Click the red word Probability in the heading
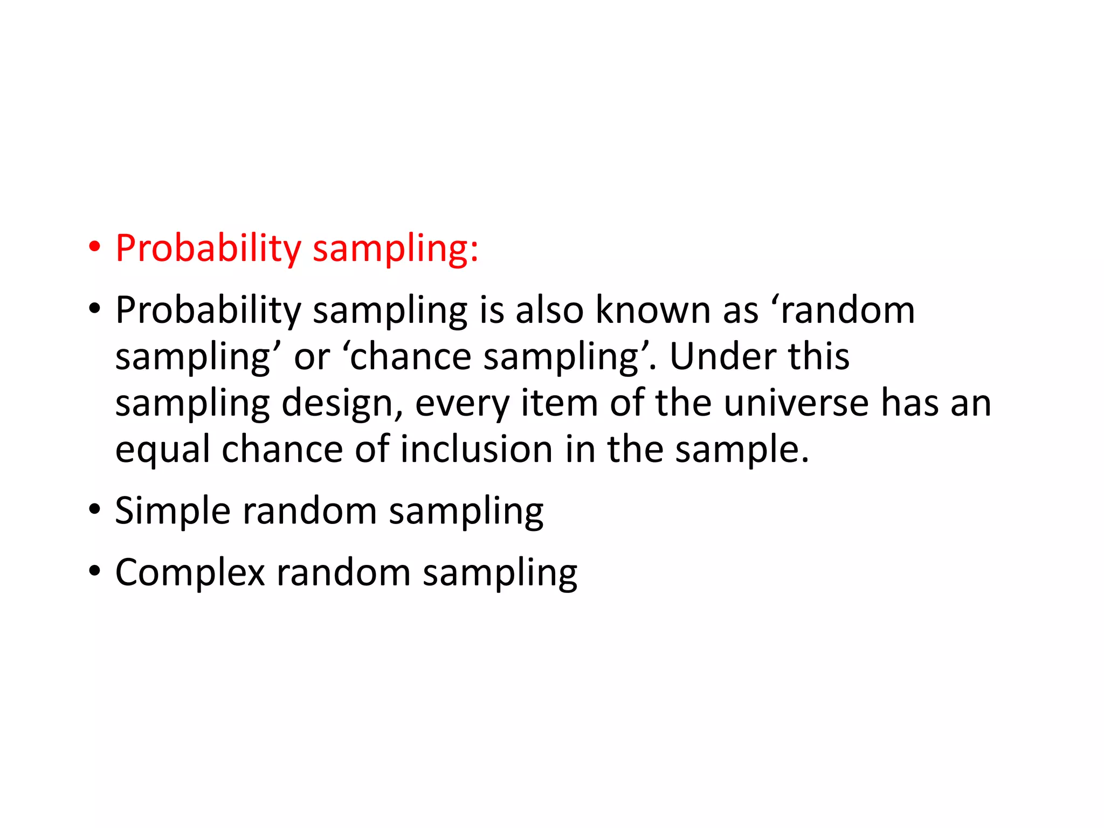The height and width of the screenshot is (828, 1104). tap(208, 249)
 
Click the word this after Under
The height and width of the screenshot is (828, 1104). tap(819, 356)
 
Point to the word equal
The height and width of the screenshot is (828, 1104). tap(162, 451)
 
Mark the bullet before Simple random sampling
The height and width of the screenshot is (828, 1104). tap(95, 509)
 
